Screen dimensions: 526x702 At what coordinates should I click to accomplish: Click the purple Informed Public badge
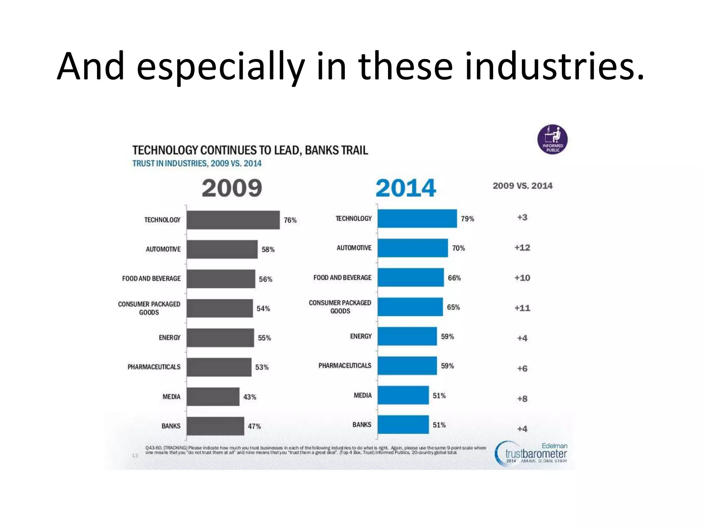[552, 139]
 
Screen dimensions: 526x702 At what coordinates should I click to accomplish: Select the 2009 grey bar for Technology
[233, 220]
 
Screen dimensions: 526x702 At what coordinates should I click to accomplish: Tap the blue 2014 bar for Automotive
[413, 248]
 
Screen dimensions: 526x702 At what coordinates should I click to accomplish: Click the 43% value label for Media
[250, 397]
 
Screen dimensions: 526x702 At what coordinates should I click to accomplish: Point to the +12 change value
[522, 248]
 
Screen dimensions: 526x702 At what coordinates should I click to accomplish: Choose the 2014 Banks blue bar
[403, 425]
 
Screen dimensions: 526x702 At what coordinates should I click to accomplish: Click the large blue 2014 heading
[406, 188]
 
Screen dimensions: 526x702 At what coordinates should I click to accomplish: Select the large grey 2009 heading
[232, 188]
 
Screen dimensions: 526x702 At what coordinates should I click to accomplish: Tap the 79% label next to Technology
[467, 219]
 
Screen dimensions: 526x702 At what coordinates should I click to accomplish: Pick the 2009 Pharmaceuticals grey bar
[219, 367]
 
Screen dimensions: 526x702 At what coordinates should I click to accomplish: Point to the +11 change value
[522, 308]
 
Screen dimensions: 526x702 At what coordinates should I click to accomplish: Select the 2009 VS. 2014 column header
[522, 186]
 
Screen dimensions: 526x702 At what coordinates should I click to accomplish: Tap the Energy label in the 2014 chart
[361, 336]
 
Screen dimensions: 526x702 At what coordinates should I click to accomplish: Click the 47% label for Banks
[254, 426]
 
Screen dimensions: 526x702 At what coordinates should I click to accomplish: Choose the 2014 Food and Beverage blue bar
[411, 277]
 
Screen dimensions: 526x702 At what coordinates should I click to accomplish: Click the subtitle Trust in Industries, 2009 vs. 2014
[197, 163]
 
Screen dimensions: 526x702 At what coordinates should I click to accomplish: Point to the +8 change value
[522, 399]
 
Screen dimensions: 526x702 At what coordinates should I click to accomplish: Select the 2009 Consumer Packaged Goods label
[149, 308]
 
